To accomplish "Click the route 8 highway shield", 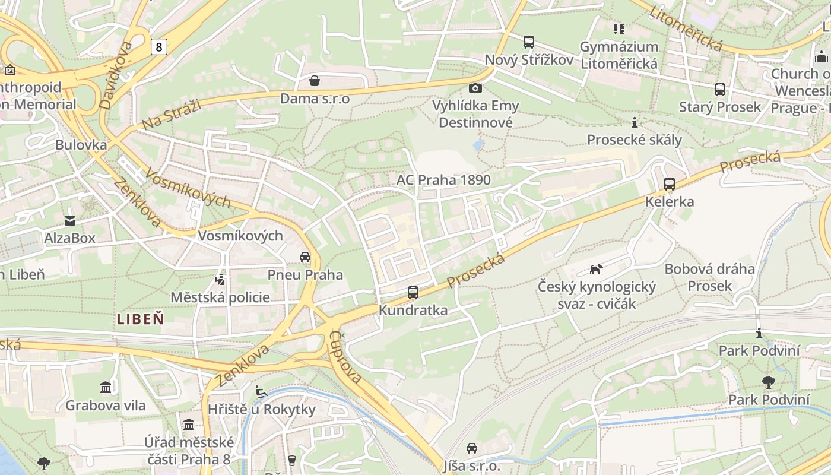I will [158, 46].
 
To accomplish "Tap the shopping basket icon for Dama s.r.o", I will [315, 81].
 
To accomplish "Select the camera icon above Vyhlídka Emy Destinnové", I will [475, 88].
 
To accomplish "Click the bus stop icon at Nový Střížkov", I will [528, 42].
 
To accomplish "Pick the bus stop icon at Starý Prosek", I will [719, 90].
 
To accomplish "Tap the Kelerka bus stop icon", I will [670, 184].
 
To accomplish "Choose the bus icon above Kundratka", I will [413, 293].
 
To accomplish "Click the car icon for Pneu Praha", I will [305, 257].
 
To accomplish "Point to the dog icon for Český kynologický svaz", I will [596, 269].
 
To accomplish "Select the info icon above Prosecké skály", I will [635, 122].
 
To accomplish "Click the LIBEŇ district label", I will [140, 319].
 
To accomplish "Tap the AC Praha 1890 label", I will [443, 180].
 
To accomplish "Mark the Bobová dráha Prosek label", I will [709, 277].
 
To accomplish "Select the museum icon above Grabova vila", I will [106, 388].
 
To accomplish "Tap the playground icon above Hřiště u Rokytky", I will [260, 391].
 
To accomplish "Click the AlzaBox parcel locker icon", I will [70, 221].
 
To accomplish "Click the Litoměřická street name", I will [686, 28].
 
